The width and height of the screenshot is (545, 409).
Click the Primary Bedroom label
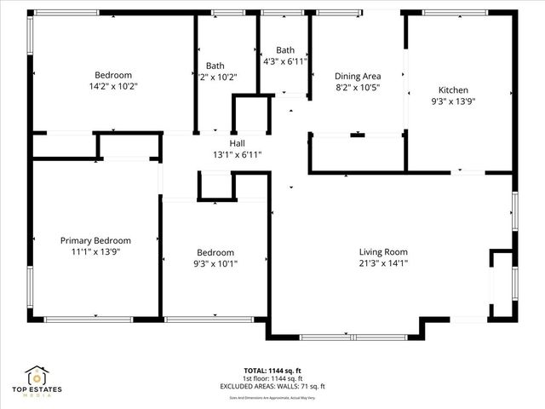point(94,241)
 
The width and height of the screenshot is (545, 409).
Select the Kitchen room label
point(453,90)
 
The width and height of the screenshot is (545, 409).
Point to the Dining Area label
point(357,76)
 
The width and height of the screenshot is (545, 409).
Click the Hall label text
point(237,143)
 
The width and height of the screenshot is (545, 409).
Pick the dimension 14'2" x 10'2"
point(113,86)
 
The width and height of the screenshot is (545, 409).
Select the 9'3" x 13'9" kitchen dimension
point(453,101)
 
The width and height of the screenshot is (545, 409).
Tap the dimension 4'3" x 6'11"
point(285,61)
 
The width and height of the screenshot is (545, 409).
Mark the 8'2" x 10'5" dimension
point(357,87)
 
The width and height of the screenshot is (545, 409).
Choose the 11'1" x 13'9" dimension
point(94,252)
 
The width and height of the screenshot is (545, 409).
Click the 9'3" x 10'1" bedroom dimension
point(215,264)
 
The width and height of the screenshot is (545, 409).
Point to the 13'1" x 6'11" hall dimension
point(237,155)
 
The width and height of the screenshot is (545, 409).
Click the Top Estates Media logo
point(37,381)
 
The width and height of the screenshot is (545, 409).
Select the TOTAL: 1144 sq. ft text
point(272,371)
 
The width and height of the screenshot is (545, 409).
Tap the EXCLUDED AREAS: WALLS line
point(272,386)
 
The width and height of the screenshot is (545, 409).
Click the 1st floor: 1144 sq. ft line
point(272,378)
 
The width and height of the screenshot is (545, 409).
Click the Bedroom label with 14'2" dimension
point(113,75)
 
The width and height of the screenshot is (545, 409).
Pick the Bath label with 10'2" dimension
point(215,66)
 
